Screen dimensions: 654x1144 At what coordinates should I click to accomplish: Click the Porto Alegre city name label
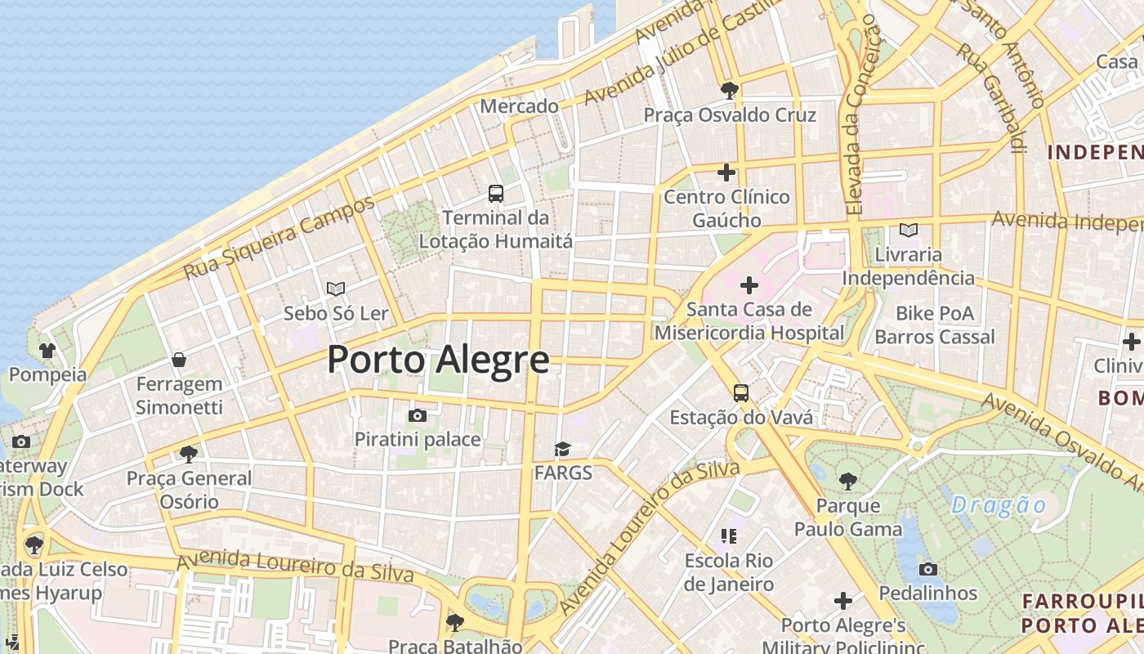point(438,360)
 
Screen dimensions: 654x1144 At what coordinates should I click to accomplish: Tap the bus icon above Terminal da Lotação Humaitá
point(496,194)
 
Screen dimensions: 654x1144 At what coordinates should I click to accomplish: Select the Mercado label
point(520,106)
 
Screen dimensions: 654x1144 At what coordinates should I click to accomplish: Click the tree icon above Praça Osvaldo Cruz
point(730,90)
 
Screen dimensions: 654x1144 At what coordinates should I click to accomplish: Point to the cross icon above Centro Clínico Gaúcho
point(726,172)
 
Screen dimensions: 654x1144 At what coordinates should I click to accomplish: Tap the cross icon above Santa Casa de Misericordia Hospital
point(749,285)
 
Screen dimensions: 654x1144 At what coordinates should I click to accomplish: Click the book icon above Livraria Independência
point(908,231)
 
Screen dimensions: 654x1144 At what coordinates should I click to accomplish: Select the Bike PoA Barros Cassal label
point(935,325)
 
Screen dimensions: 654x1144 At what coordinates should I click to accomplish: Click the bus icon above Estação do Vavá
point(741,393)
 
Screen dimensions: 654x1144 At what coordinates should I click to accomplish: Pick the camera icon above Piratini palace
point(418,415)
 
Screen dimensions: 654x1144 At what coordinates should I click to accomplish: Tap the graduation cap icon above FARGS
point(562,449)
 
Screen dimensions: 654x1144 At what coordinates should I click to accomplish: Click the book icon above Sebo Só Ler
point(335,289)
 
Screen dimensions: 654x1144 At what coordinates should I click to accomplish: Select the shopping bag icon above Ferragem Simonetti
point(179,360)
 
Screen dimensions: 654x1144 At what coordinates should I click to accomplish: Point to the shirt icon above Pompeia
point(47,351)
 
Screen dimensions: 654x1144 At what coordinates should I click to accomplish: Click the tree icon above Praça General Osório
point(189,454)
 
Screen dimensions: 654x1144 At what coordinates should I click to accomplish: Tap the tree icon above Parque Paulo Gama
point(848,482)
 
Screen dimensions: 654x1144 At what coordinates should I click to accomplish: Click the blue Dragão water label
point(999,505)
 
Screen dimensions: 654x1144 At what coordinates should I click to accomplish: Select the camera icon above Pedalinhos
point(927,569)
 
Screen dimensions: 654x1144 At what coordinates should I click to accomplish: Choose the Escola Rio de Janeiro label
point(729,572)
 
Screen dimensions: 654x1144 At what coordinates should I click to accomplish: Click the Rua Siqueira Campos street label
point(279,238)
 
